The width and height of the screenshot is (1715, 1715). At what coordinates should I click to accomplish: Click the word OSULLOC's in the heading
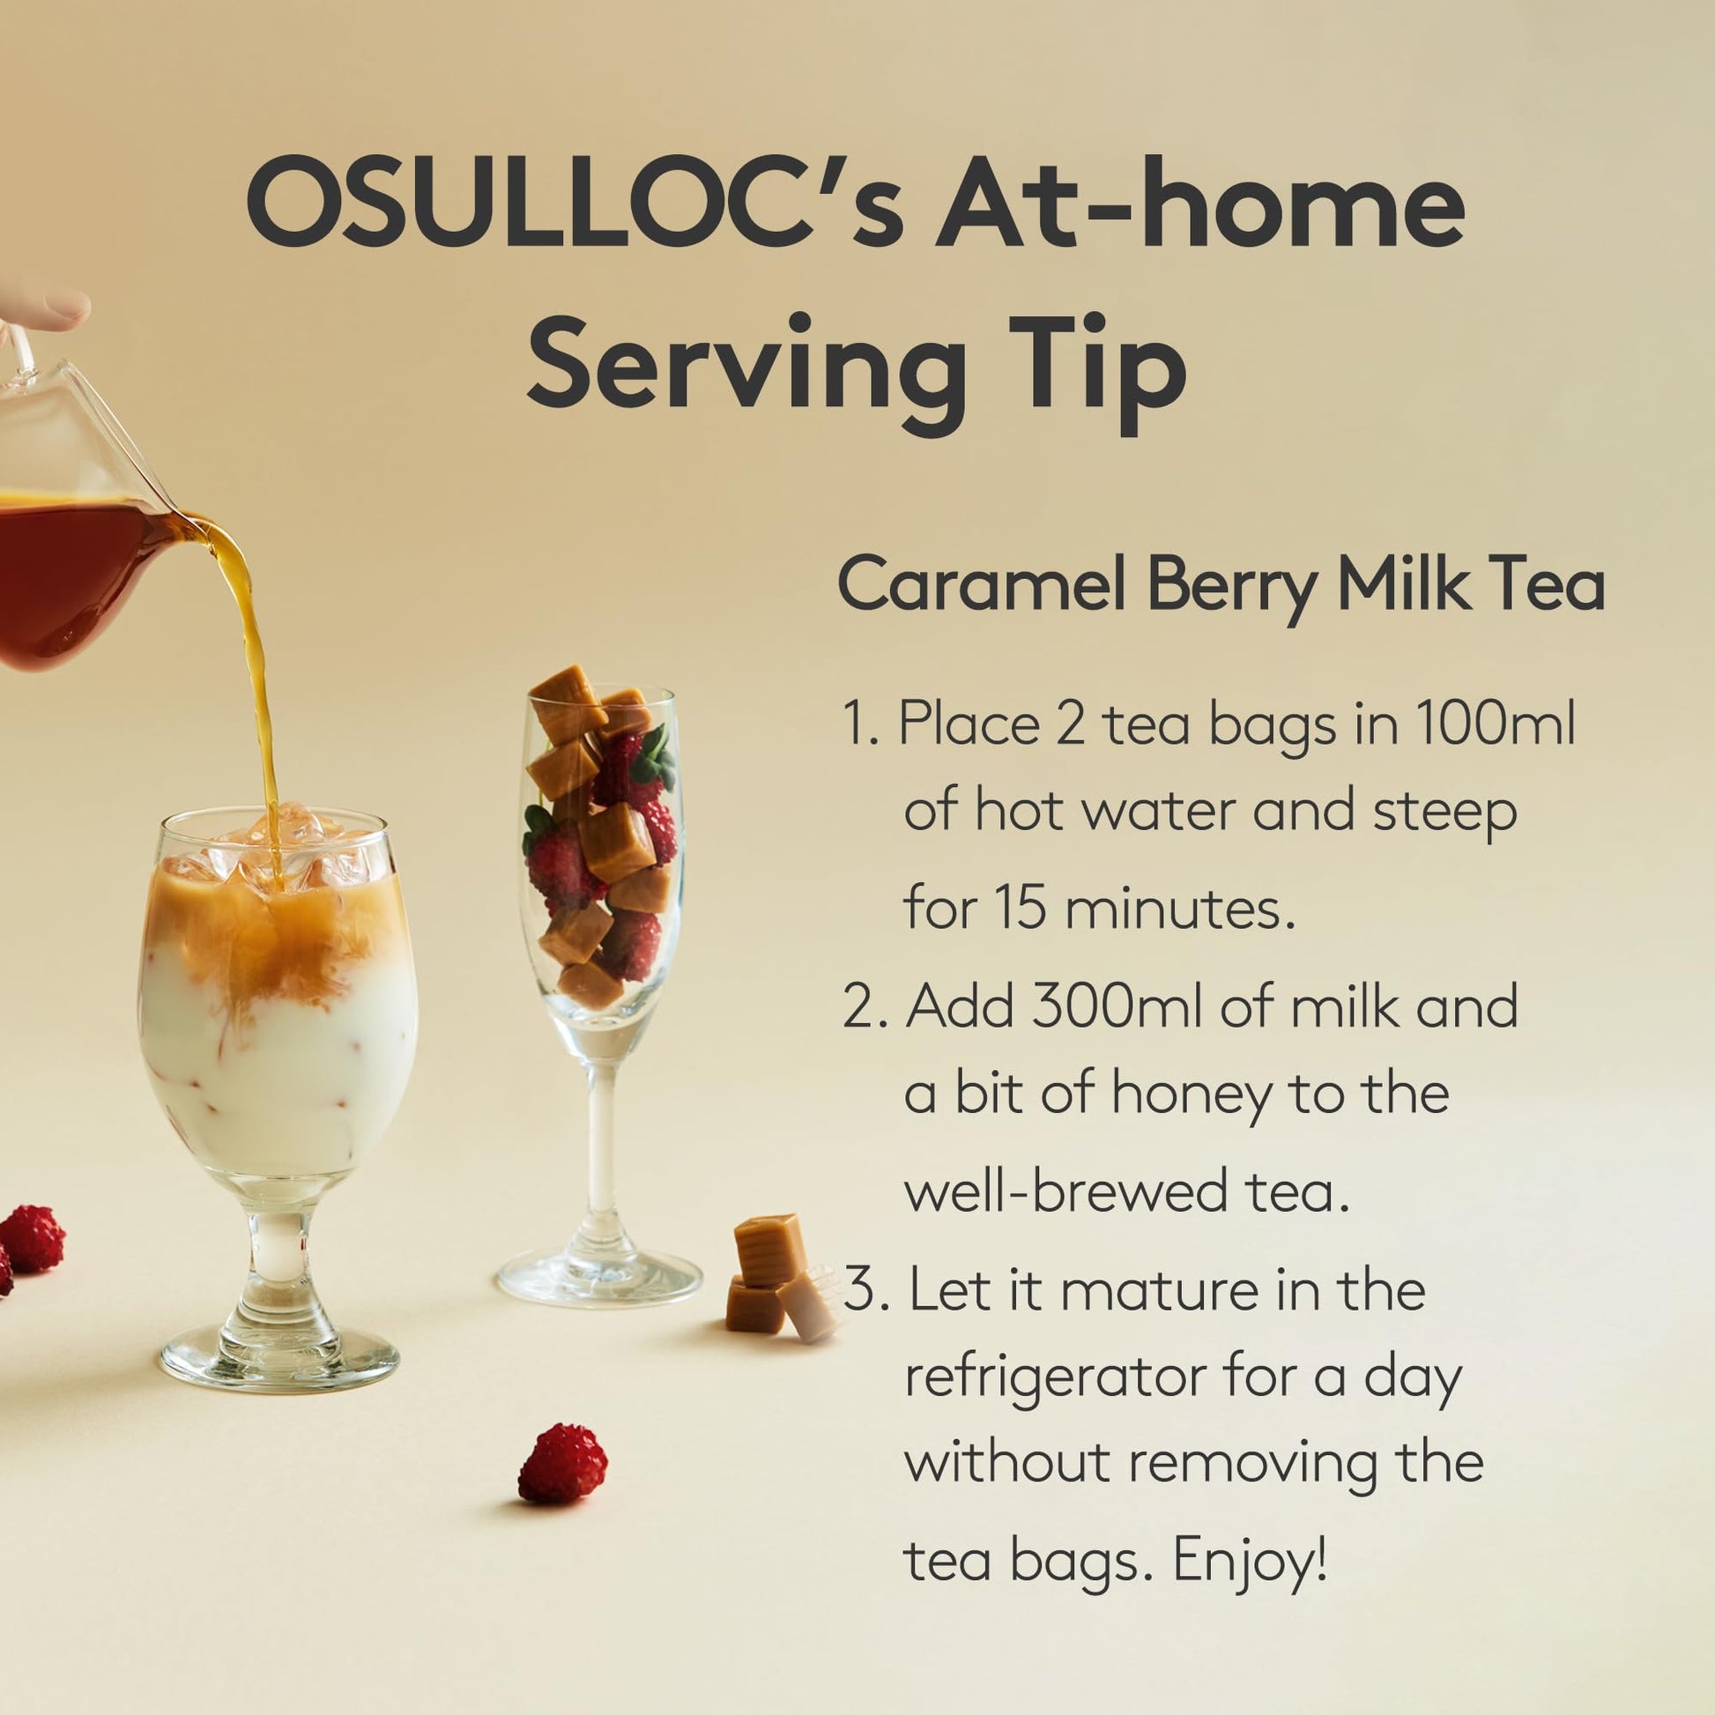[575, 203]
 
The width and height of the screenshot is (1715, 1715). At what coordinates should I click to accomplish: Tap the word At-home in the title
[1201, 203]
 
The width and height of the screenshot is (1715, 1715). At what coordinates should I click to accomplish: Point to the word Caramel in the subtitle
[983, 584]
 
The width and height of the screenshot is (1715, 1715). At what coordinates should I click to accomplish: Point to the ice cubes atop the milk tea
[275, 848]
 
